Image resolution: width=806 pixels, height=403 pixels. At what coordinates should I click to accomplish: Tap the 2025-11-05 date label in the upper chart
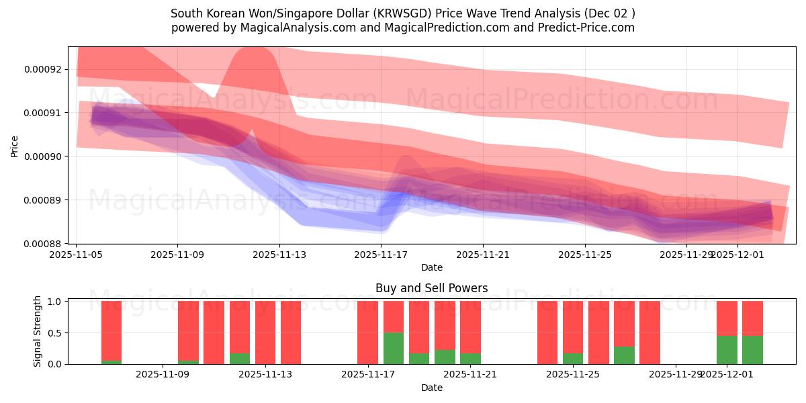click(x=76, y=255)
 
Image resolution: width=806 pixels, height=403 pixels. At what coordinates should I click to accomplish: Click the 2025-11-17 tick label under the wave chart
click(x=381, y=255)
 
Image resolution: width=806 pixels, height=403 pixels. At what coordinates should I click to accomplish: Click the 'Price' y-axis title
click(x=15, y=145)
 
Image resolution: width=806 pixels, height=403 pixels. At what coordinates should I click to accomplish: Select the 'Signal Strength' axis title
click(x=38, y=331)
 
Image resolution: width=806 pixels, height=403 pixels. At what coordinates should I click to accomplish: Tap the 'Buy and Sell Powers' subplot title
click(x=431, y=288)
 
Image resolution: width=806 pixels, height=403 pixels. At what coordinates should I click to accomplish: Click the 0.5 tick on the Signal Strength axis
click(x=56, y=333)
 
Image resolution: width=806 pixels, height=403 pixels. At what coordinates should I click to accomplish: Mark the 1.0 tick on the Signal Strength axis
click(x=56, y=302)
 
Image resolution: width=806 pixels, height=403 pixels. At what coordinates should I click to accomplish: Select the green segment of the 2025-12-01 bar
click(x=727, y=350)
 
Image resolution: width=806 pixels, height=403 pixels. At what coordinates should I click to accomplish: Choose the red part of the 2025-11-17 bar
click(x=367, y=332)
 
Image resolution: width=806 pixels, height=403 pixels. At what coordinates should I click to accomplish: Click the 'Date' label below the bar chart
click(x=431, y=388)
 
